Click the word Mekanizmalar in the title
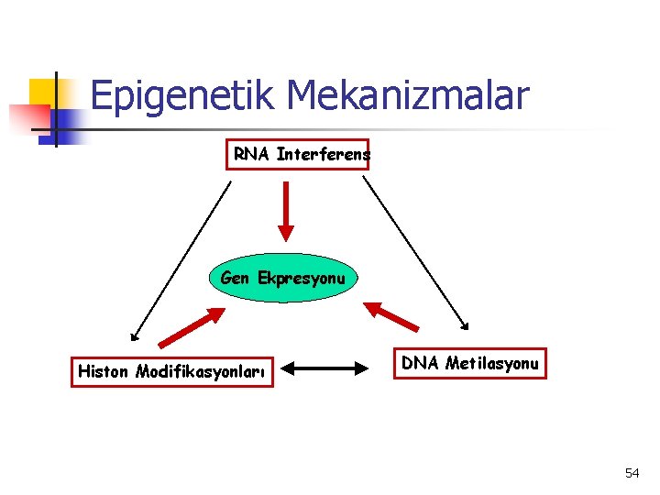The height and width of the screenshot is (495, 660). (x=408, y=95)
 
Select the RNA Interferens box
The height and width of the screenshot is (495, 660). (x=298, y=155)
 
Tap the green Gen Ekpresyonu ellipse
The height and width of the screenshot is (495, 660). (x=282, y=278)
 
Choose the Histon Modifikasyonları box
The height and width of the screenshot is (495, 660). (x=172, y=371)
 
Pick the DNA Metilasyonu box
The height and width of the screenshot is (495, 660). (x=469, y=364)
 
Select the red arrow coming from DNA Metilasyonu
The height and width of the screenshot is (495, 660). (x=391, y=315)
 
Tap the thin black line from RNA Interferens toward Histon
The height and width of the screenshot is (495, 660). (x=181, y=259)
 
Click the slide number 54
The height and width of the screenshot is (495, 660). (x=632, y=473)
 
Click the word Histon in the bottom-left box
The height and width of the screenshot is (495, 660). (x=104, y=371)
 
